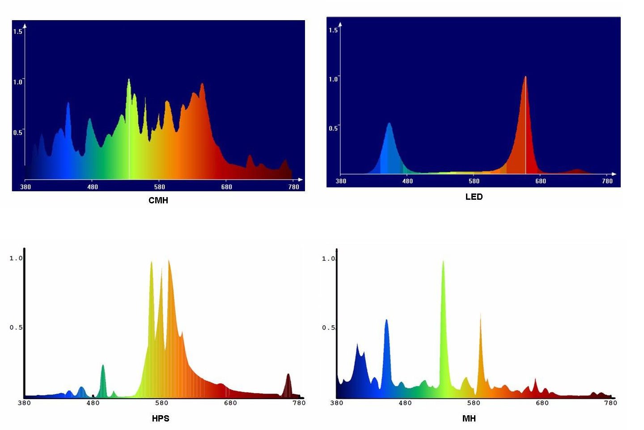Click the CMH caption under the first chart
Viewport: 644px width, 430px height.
158,200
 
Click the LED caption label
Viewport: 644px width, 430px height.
474,197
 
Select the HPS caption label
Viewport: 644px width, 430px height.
161,418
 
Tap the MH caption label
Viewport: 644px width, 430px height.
469,418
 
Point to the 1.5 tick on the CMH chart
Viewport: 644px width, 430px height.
17,31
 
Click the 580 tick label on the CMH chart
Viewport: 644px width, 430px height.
160,187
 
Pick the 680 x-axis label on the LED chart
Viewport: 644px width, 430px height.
541,181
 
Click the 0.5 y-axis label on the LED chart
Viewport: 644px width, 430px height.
333,129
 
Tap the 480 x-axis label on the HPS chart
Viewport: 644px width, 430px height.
93,403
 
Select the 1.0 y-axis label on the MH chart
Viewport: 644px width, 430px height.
328,259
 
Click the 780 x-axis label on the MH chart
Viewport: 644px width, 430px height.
610,403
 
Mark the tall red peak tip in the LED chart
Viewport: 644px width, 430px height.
525,77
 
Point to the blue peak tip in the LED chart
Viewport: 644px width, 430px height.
389,124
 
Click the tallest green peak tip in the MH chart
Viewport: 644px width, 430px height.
443,262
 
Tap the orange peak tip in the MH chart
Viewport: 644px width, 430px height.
481,314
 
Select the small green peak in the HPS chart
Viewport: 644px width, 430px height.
103,366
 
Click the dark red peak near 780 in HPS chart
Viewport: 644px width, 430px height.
288,375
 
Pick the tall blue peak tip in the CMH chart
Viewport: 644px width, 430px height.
68,103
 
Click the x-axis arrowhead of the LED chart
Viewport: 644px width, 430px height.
614,174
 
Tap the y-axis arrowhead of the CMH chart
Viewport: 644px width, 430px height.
25,26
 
